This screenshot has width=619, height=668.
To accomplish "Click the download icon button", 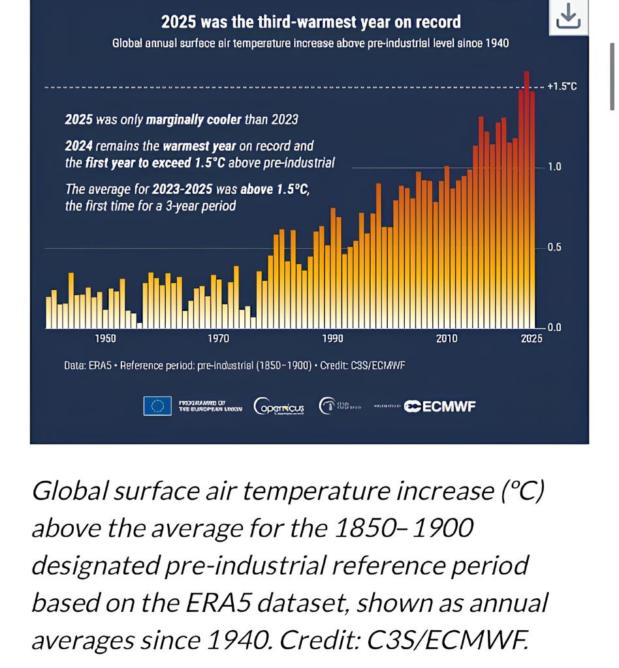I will tap(568, 16).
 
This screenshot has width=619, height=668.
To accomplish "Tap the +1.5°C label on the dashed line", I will tap(562, 87).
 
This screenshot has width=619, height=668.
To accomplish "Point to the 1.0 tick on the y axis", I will tap(554, 167).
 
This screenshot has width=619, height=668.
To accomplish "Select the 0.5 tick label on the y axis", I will tap(554, 248).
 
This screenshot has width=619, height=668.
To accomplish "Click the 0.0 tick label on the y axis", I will tap(554, 327).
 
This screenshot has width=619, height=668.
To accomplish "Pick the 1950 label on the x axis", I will tap(105, 339).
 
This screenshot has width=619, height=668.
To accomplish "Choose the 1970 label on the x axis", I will tap(219, 339).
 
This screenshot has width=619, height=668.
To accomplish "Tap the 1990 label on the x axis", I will tap(332, 339).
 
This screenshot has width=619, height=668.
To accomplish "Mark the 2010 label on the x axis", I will tap(447, 339).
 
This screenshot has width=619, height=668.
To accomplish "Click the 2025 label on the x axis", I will tap(532, 339).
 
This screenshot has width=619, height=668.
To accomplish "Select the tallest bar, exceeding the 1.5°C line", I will tap(526, 196).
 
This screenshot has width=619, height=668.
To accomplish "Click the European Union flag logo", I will tap(157, 406).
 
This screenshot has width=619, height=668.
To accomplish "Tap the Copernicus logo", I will tap(279, 406).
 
